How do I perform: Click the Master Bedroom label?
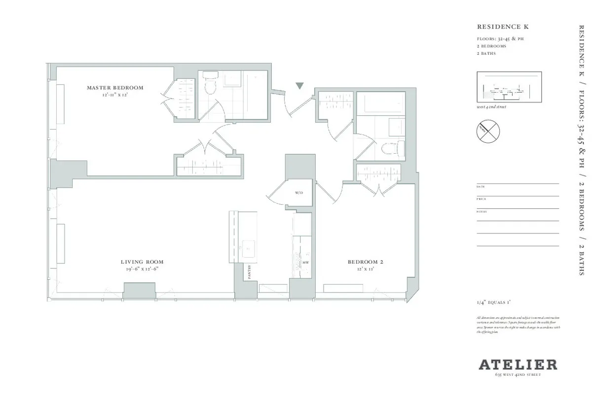tap(115, 88)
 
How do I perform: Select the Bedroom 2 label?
tap(365, 262)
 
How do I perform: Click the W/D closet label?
tap(299, 193)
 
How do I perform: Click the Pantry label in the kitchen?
tap(250, 272)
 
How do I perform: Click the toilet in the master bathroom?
tap(210, 85)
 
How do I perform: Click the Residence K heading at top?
tap(496, 27)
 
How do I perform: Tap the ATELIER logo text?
tap(518, 365)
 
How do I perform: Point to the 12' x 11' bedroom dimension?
tap(365, 269)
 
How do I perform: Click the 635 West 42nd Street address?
tap(518, 375)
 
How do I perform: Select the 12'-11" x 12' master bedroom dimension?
tap(115, 94)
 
